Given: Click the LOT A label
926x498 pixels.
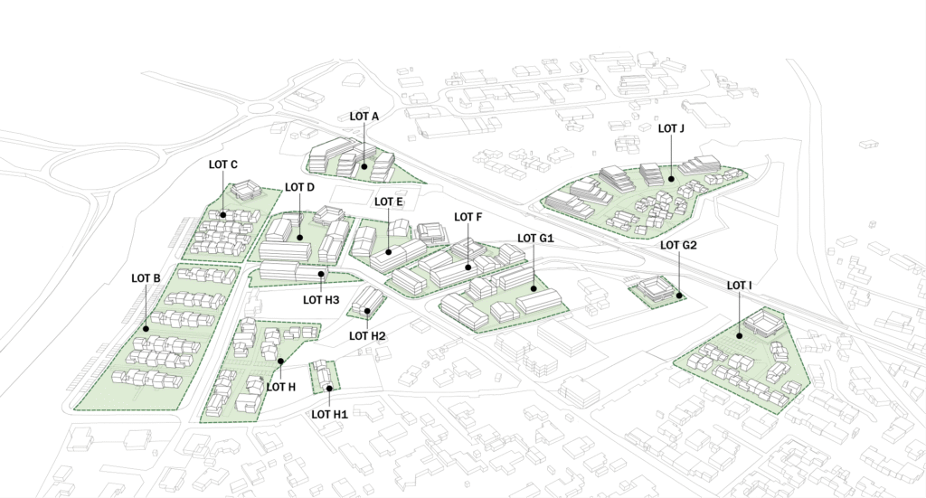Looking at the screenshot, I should click(364, 117).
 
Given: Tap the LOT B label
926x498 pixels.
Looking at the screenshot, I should click(145, 277).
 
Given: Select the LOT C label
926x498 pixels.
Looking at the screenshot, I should click(222, 164).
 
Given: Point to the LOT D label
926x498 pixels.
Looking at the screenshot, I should click(299, 187).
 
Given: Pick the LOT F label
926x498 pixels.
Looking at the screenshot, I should click(468, 217).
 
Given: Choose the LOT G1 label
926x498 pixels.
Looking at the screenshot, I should click(534, 238).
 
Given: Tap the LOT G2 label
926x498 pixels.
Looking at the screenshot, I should click(678, 245).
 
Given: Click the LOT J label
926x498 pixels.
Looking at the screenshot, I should click(671, 129).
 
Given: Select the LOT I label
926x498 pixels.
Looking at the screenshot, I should click(740, 286).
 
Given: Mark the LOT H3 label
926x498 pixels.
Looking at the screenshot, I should click(321, 300).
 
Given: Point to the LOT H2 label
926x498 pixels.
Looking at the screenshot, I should click(368, 336).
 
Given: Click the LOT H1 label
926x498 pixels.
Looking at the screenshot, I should click(330, 414).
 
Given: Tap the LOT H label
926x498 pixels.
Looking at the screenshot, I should click(280, 387).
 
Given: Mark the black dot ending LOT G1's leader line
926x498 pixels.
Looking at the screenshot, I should click(534, 289).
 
